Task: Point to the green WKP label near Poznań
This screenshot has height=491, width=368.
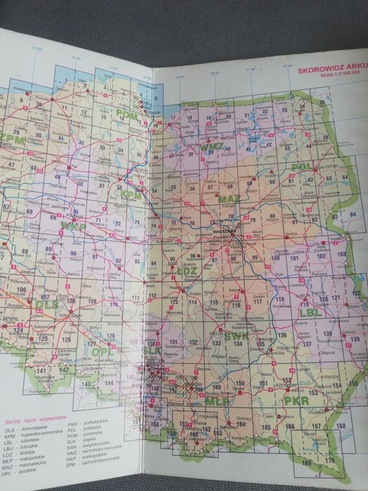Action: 71,226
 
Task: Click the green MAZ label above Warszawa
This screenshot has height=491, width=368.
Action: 229,200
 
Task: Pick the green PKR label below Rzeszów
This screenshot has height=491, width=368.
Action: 297,401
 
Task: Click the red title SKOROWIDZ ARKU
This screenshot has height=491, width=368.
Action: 328,70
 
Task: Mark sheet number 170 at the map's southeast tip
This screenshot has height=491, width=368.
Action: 329,460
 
